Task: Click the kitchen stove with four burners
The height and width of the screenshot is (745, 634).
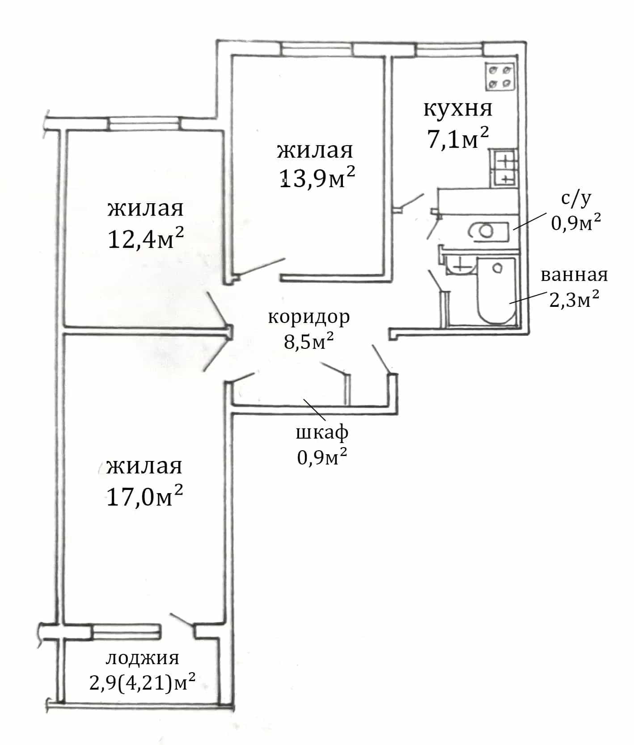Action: tap(500, 77)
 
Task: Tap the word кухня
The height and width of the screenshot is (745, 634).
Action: tap(457, 109)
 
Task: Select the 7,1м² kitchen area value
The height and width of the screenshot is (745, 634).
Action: tap(458, 139)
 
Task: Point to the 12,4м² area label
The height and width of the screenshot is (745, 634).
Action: tap(146, 239)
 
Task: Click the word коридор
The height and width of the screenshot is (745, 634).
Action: tap(309, 318)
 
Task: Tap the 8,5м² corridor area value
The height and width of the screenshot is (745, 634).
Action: tap(309, 343)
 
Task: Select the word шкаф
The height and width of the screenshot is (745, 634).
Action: tap(322, 432)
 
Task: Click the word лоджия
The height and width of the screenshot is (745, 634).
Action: tap(143, 658)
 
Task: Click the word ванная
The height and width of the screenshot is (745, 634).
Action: tap(575, 275)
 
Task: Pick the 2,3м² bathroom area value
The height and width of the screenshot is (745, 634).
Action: tap(575, 300)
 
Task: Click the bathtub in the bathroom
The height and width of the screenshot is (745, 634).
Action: tap(496, 291)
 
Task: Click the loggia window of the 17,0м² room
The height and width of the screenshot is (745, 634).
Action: tap(126, 632)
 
